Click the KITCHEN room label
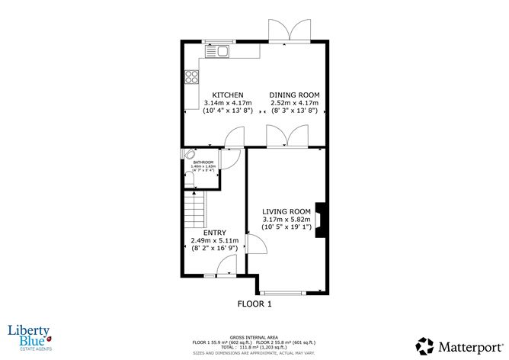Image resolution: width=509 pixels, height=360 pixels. [228, 95]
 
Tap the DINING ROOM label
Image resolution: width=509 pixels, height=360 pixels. [293, 95]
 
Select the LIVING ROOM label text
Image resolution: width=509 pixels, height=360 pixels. [287, 211]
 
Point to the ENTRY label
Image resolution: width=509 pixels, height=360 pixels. [214, 232]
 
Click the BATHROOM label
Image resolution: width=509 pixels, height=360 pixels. [203, 162]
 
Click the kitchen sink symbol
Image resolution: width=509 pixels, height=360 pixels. [218, 51]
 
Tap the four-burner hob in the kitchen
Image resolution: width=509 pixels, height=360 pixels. [190, 77]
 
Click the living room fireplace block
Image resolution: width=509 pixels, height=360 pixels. [323, 217]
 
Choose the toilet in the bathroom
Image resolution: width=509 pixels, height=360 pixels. [190, 178]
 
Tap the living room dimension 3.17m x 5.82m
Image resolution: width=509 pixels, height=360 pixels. [287, 220]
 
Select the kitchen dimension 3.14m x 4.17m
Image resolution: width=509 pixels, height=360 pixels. [228, 103]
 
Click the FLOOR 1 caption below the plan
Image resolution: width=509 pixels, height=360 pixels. [254, 304]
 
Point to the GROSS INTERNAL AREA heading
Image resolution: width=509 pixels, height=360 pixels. [254, 336]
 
